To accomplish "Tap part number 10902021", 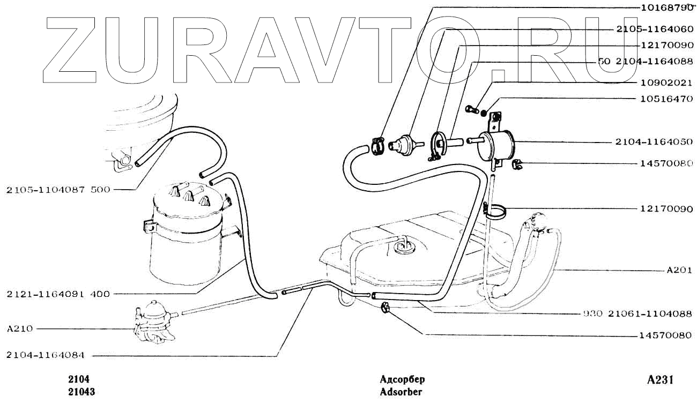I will pos(663,83).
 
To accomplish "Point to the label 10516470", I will pos(663,99).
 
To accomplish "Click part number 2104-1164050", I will pos(655,143).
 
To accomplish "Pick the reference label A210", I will pos(19,328).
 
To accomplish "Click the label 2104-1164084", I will pos(49,355).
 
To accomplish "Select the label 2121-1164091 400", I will pos(58,294).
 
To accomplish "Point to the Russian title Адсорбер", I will pos(402,380).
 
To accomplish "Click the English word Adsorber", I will pos(401,392).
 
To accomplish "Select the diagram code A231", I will pos(659,380).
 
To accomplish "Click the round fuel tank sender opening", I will pos(403,247).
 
